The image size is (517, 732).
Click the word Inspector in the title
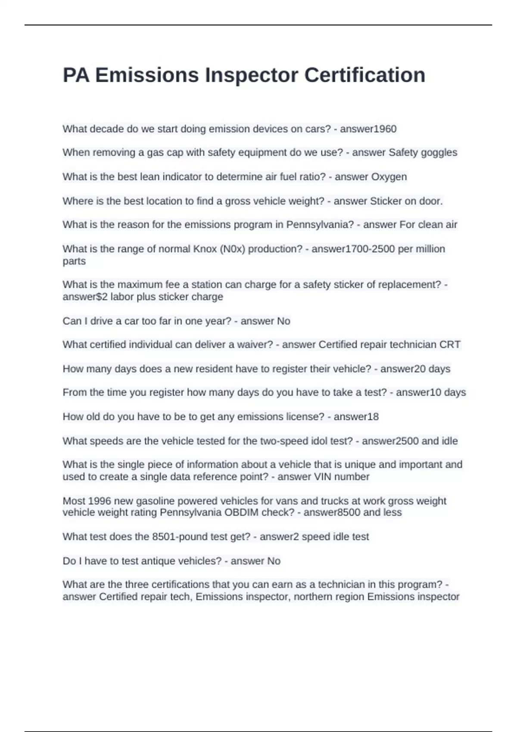coord(252,75)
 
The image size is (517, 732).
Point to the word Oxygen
coord(389,177)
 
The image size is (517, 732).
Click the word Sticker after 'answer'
coord(386,201)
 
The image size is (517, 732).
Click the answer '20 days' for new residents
coord(432,369)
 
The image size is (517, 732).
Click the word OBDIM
coord(243,512)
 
